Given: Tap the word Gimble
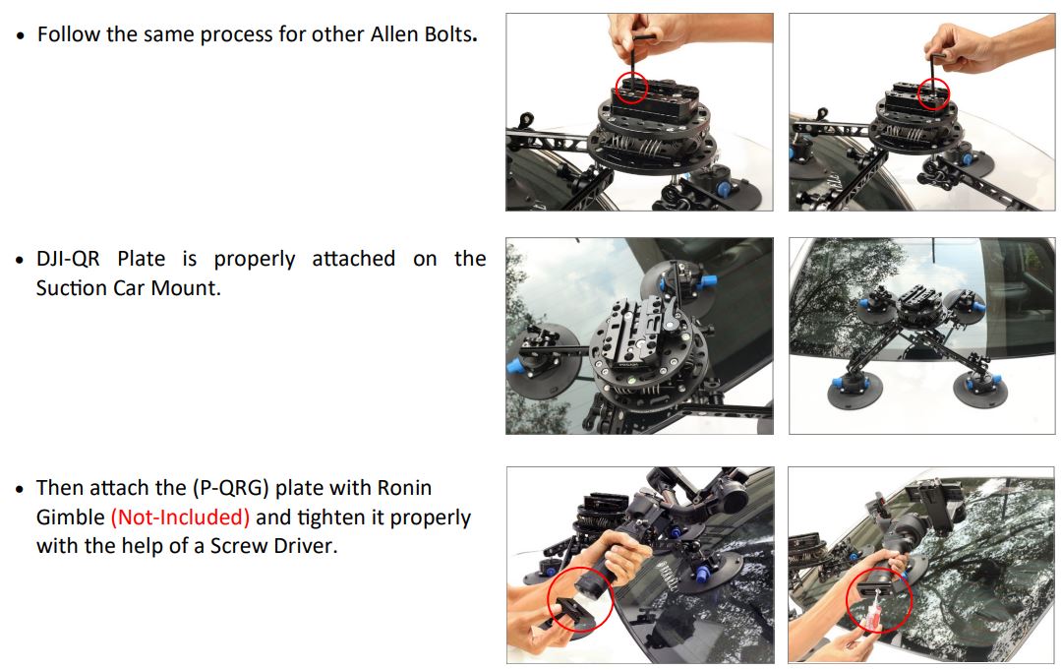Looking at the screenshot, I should pos(70,518).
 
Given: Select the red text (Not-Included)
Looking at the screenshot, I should pos(180,518).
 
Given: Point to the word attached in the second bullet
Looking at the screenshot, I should pos(353,260).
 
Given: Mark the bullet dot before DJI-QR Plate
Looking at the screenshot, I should pos(21,261).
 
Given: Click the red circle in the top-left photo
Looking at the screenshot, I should pos(631,87).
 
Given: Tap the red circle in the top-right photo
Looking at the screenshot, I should pos(931,95).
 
